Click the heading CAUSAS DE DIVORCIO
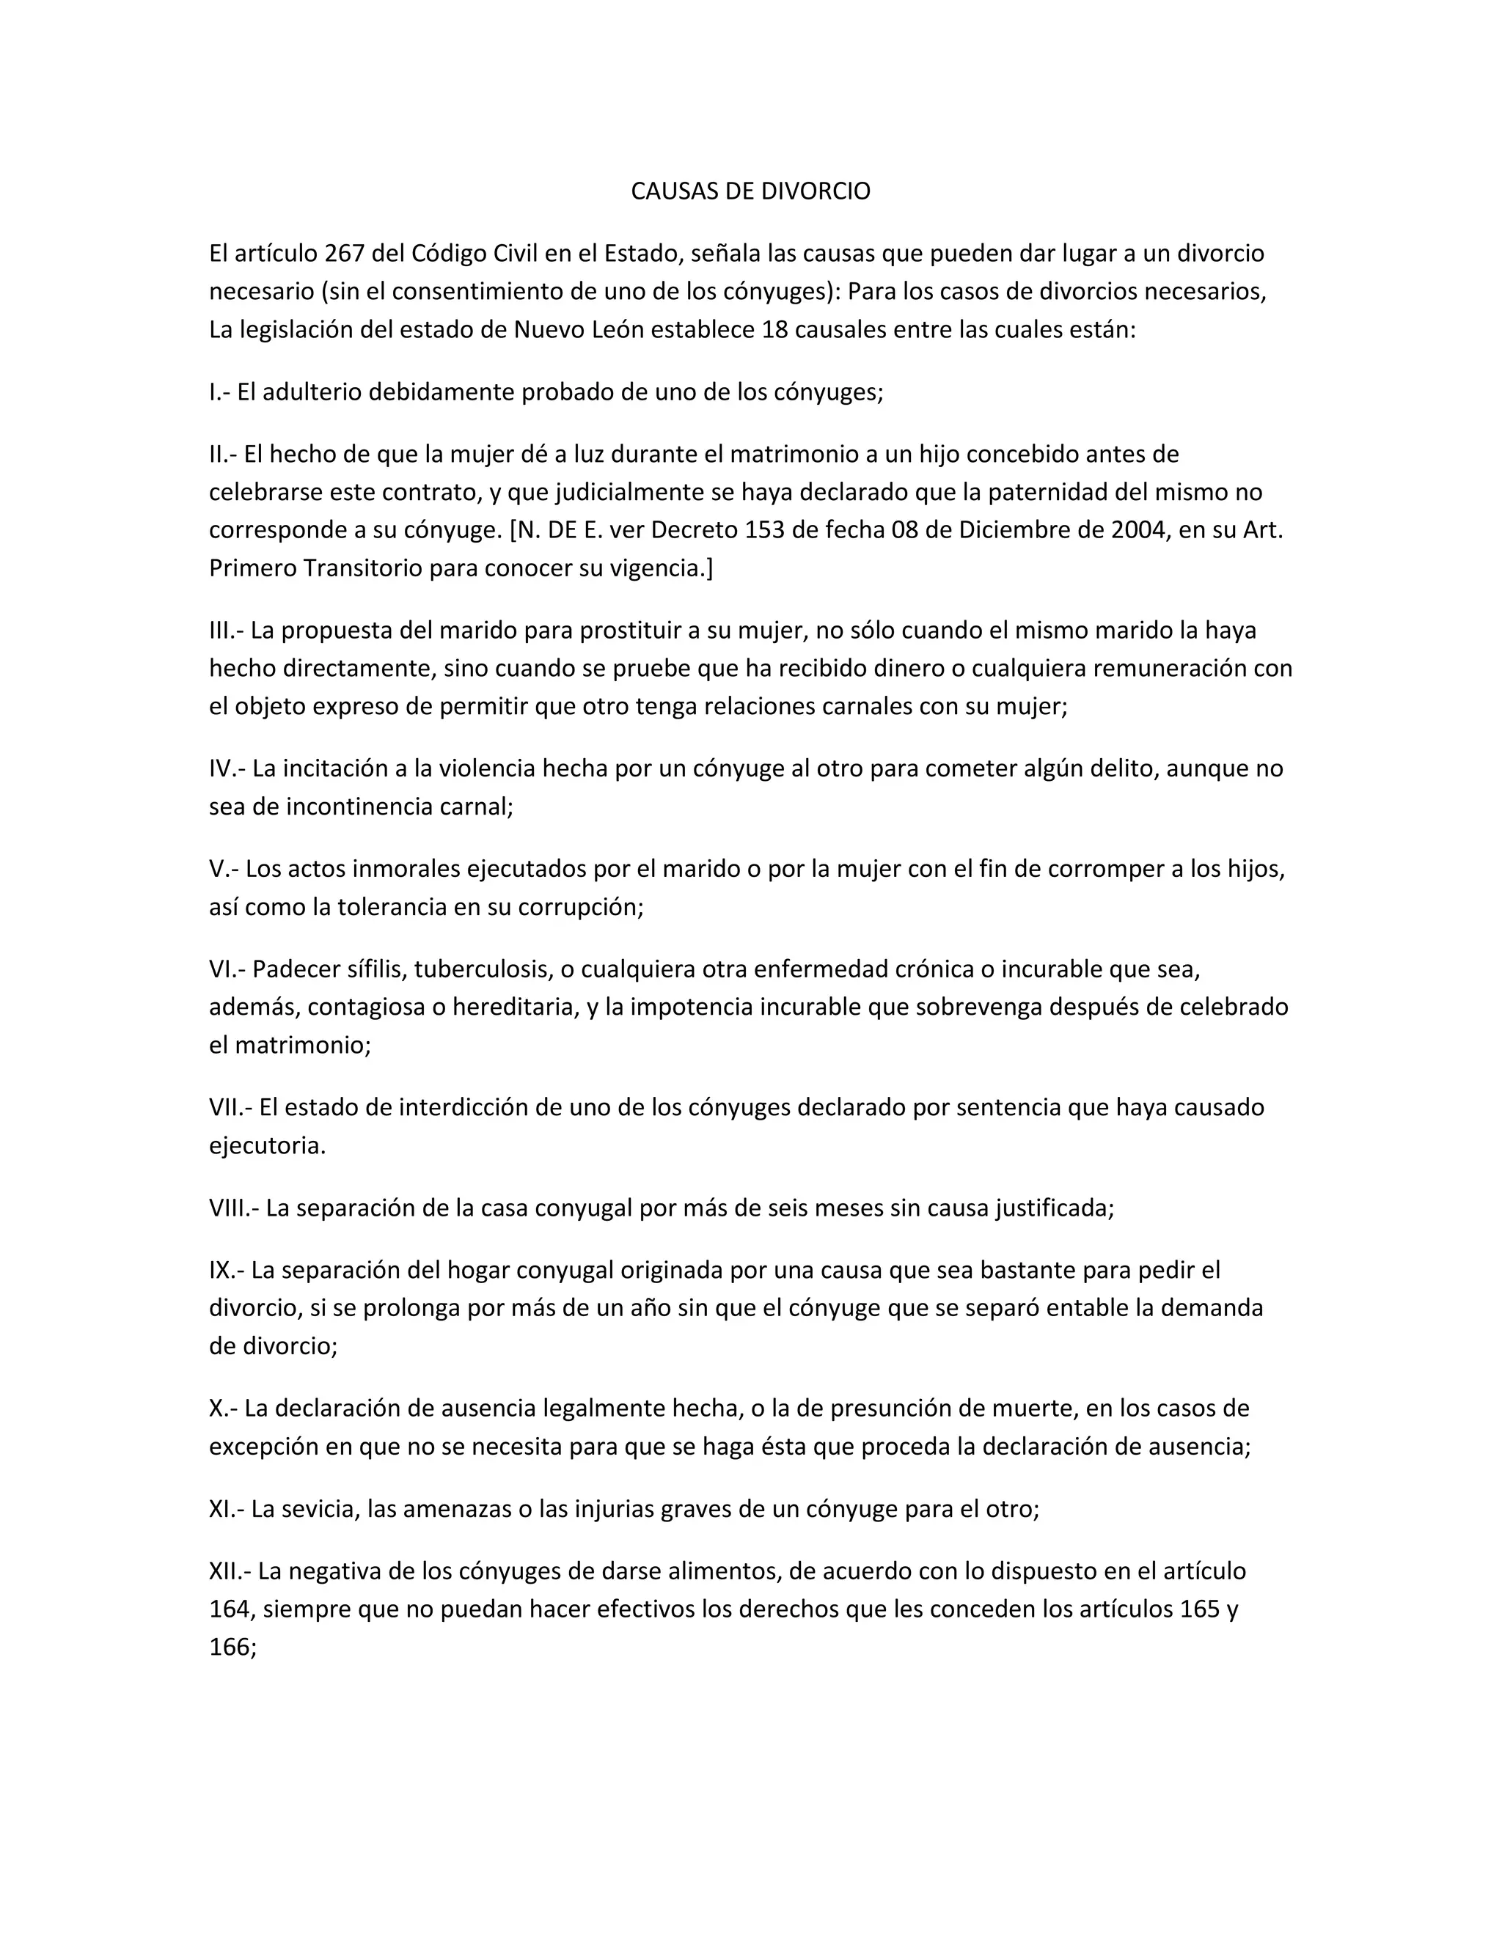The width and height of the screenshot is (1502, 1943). (750, 191)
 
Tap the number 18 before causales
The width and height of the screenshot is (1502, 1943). (776, 330)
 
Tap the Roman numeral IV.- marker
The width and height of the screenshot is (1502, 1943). (227, 768)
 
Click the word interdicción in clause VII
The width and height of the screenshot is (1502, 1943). (466, 1108)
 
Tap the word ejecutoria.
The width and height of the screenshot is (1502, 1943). (267, 1146)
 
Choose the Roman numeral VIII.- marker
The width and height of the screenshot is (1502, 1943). (233, 1208)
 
